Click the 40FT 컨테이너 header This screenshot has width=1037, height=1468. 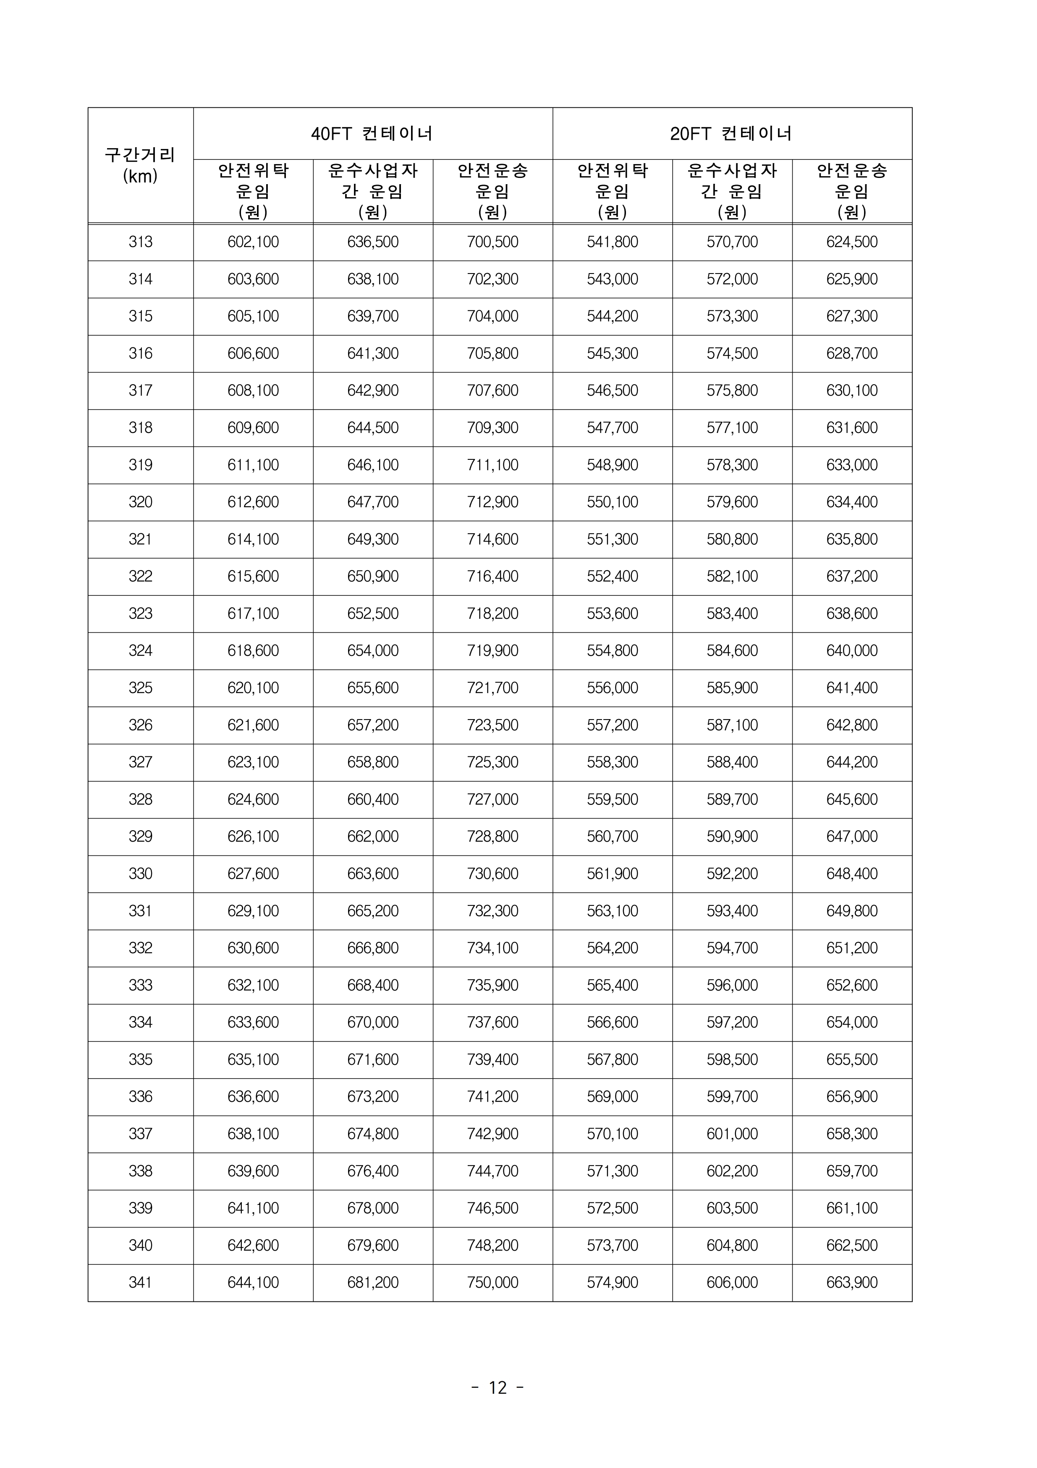[x=372, y=134]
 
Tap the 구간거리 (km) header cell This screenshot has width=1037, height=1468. [x=140, y=165]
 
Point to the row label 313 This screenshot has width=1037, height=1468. [x=140, y=242]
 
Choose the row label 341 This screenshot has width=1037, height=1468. [x=140, y=1282]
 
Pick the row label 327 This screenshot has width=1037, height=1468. [x=140, y=762]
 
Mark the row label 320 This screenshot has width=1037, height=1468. [x=140, y=502]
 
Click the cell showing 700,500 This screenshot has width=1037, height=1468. [x=492, y=242]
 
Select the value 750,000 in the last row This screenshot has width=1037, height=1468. [x=492, y=1282]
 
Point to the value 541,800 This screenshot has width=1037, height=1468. [x=612, y=242]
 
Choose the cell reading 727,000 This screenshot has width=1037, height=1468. [x=492, y=799]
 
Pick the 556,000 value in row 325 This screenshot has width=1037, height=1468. [x=612, y=688]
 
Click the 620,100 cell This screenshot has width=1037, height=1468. [x=253, y=688]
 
